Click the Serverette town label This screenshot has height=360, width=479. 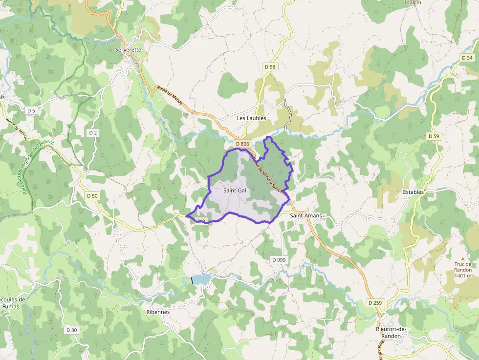[128, 50]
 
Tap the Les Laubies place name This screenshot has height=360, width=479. [251, 118]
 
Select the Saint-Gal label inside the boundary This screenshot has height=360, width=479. [235, 191]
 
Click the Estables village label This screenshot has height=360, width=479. [413, 192]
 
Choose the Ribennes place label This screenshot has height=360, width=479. [158, 312]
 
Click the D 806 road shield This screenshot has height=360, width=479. [242, 144]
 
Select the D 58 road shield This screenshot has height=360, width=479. [269, 66]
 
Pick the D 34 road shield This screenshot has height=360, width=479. [467, 58]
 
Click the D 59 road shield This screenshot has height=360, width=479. [434, 136]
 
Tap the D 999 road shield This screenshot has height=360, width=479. [278, 260]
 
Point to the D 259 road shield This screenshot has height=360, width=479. [375, 303]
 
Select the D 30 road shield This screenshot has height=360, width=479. [71, 330]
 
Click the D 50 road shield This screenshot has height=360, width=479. [92, 196]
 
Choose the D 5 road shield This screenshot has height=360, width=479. [31, 111]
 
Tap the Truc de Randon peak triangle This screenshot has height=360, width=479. [462, 259]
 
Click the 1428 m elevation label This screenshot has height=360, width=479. [413, 2]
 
